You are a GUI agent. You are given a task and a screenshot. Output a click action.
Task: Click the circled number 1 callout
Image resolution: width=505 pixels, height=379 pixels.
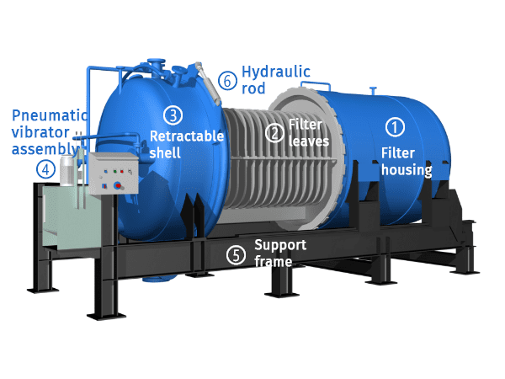395,127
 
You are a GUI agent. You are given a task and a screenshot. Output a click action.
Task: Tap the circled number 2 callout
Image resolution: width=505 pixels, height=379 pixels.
274,131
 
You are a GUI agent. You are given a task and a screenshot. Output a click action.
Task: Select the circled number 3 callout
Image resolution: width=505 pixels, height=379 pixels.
171,115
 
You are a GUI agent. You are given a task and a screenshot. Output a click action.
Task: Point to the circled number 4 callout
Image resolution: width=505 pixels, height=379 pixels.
45,168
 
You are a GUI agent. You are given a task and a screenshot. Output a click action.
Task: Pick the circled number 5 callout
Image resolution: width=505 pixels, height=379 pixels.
237,253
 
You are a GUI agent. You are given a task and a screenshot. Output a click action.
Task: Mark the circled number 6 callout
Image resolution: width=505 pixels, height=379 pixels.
226,81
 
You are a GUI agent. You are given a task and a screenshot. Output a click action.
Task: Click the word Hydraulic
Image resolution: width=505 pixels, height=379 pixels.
276,72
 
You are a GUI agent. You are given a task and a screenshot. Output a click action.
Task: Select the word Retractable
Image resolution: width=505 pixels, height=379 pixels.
187,135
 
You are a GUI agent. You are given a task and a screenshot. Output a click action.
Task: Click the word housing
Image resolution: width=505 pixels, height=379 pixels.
406,169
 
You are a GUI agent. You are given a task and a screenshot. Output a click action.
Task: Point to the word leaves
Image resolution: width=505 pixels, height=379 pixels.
309,141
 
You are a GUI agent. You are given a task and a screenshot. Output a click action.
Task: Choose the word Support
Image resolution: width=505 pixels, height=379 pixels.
280,245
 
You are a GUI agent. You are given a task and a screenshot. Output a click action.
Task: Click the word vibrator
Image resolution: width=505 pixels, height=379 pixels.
36,132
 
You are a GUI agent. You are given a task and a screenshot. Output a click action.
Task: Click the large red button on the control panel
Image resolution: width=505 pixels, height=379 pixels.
119,184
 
